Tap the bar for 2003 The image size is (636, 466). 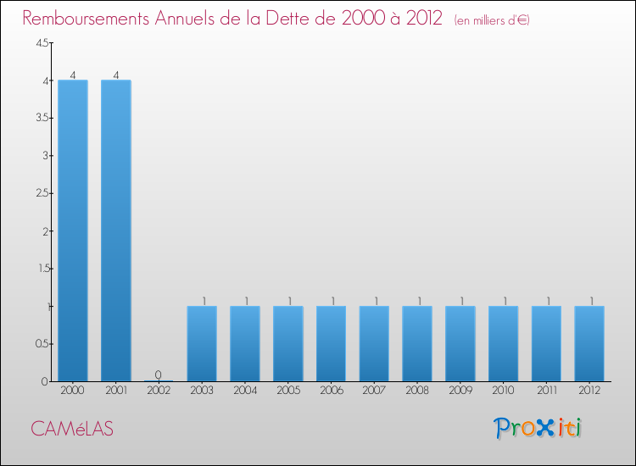[202, 343]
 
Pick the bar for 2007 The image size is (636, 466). [374, 343]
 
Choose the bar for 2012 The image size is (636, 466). [589, 343]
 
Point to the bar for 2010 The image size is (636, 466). [503, 343]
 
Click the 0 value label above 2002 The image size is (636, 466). [159, 374]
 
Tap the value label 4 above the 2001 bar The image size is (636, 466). [116, 75]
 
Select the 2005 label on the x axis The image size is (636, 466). [288, 391]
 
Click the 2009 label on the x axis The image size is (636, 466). [460, 391]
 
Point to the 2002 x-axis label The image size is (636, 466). [159, 391]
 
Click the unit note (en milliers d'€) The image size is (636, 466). [492, 20]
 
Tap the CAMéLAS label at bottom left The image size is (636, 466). [72, 429]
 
